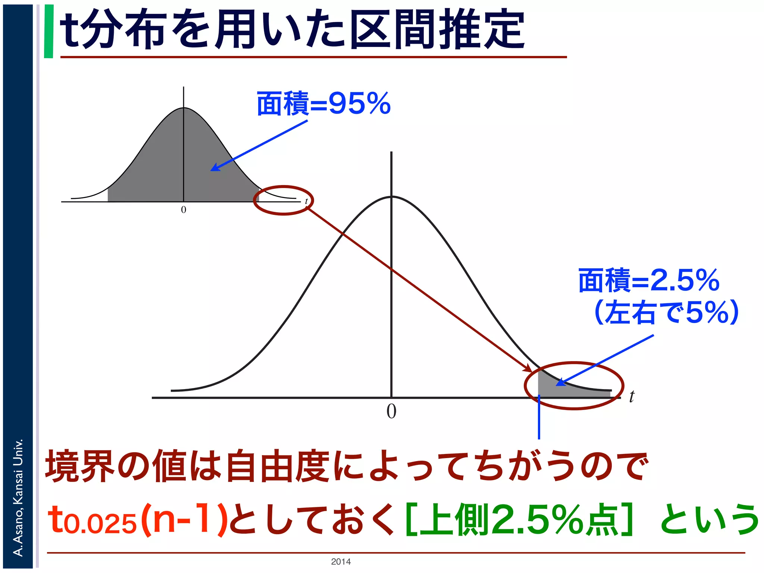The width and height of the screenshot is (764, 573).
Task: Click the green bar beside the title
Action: pyautogui.click(x=48, y=31)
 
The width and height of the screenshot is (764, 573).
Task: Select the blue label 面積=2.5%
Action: pyautogui.click(x=648, y=281)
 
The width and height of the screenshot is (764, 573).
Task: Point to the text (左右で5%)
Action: pyautogui.click(x=666, y=313)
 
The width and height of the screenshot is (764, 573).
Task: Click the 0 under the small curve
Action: pyautogui.click(x=184, y=210)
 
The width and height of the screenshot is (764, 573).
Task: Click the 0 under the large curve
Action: pyautogui.click(x=391, y=412)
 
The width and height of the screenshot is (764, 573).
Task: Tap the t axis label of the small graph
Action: pyautogui.click(x=306, y=201)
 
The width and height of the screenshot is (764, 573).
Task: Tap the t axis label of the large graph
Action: pyautogui.click(x=631, y=397)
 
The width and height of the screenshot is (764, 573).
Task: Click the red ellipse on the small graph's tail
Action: pyautogui.click(x=284, y=187)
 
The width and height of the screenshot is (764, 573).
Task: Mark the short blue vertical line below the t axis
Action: pyautogui.click(x=539, y=418)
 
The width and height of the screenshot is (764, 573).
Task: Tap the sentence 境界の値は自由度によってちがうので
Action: pyautogui.click(x=347, y=466)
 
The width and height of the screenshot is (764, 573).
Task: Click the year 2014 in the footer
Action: pyautogui.click(x=341, y=562)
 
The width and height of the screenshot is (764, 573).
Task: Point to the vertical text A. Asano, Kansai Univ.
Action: pyautogui.click(x=18, y=498)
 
